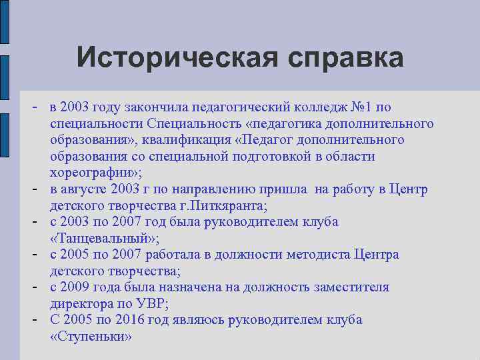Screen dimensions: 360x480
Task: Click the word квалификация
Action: point(186,140)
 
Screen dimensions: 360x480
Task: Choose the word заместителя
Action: point(353,287)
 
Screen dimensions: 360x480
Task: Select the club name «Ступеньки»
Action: point(91,336)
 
